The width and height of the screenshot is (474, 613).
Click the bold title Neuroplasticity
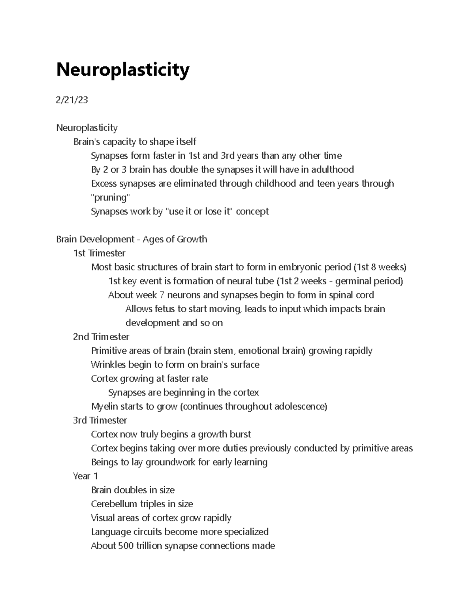[x=123, y=70]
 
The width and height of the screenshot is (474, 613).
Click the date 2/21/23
[x=72, y=100]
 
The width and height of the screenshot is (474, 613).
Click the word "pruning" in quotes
[x=110, y=197]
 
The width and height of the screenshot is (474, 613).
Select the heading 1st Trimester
[x=100, y=253]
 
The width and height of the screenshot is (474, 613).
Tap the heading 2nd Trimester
[x=101, y=337]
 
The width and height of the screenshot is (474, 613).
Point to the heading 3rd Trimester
[x=100, y=420]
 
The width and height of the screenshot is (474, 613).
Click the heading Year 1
[x=85, y=476]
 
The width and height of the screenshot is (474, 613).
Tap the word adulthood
[x=333, y=170]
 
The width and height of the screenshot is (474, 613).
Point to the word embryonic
[x=300, y=267]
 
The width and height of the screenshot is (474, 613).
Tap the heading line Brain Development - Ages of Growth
[x=132, y=239]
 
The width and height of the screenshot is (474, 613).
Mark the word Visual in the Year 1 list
[x=103, y=518]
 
